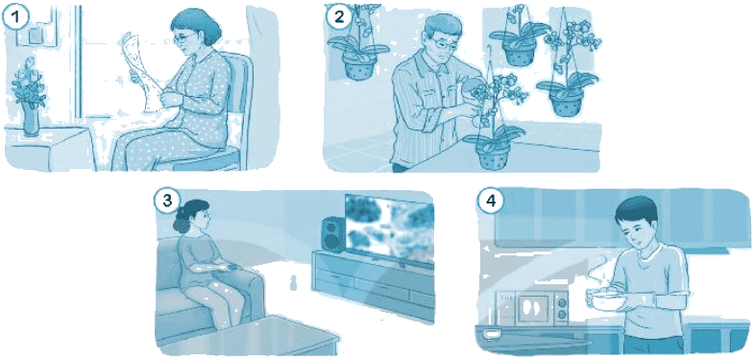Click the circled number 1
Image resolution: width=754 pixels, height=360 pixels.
point(16,17)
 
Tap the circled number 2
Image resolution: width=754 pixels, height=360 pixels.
point(339,17)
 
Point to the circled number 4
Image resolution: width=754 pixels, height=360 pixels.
point(490,201)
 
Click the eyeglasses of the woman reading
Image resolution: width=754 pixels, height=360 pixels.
point(186,37)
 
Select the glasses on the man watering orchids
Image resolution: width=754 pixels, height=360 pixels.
point(446,44)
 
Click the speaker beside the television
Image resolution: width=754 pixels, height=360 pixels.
point(331,234)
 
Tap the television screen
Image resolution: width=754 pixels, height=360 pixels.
point(389,229)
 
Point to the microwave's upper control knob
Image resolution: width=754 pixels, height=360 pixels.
point(562,302)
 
